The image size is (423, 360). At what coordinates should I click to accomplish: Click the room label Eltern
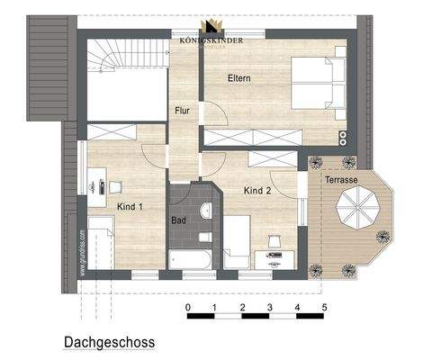tap(238, 78)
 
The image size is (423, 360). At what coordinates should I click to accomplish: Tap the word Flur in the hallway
tap(183, 111)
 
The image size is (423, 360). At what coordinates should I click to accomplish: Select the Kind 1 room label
tap(130, 206)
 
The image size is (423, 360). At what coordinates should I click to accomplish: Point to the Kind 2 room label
tap(257, 191)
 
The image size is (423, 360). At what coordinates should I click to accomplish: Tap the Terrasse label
tap(342, 180)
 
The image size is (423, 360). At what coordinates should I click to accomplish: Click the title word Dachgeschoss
tap(110, 343)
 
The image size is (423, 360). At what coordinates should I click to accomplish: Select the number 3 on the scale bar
tap(270, 309)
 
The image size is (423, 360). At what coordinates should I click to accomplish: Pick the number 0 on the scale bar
tap(187, 309)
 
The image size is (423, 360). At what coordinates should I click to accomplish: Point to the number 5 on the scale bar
tap(324, 309)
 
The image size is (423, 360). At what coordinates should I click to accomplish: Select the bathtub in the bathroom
tap(190, 260)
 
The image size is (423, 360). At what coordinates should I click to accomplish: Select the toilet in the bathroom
tap(205, 238)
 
